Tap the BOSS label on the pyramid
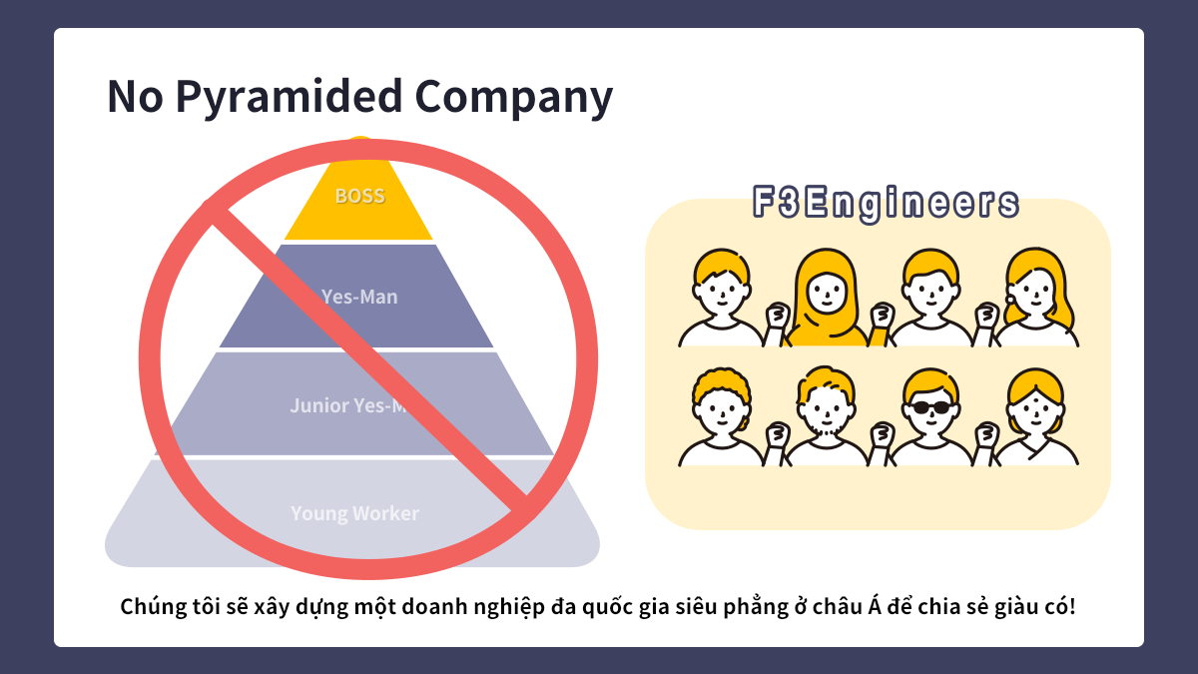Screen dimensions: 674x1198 [x=359, y=196]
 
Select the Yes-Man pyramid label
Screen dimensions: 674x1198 [x=359, y=297]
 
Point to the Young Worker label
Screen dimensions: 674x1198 [x=354, y=513]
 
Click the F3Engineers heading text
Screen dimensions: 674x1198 [x=886, y=203]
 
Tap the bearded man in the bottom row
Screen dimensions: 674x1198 [x=827, y=411]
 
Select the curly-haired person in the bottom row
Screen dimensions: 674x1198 [x=721, y=411]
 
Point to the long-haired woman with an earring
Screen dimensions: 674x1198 [x=1038, y=292]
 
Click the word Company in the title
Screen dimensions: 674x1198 [x=513, y=98]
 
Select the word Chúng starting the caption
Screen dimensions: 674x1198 [x=150, y=606]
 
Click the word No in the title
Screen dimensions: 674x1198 [x=136, y=98]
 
